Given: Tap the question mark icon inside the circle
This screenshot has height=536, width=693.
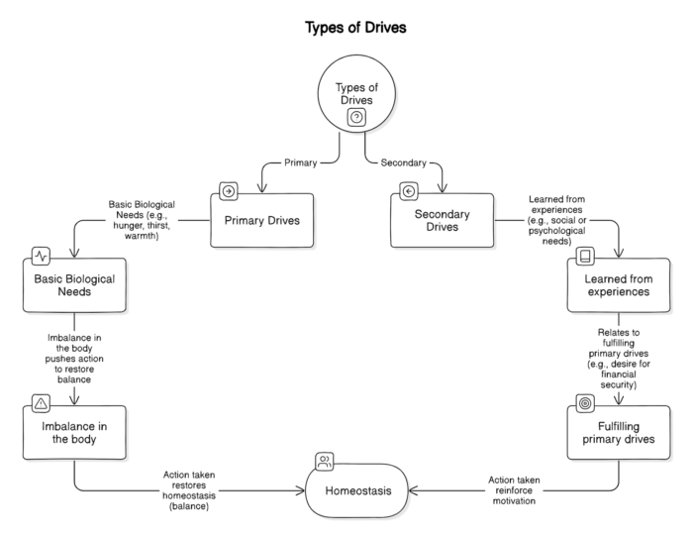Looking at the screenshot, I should [x=356, y=117].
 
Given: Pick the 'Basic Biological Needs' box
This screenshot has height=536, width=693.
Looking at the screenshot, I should [x=74, y=287].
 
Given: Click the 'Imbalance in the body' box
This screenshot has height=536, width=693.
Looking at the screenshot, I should [x=74, y=433].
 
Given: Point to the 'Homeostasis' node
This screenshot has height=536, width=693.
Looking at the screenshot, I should [x=356, y=489].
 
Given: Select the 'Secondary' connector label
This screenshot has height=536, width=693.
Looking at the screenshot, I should [x=403, y=161].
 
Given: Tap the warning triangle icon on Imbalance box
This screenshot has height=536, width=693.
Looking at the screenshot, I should [x=42, y=403].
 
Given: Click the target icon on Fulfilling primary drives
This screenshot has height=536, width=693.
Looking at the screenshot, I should [x=585, y=404].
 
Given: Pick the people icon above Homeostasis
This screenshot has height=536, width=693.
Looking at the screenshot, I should [x=324, y=460].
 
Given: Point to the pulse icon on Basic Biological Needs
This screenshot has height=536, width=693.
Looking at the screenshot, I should [x=42, y=256].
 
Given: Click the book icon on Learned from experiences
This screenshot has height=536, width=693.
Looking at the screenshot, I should [x=585, y=257].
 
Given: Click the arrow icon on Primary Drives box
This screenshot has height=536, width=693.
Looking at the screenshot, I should [x=229, y=191].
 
